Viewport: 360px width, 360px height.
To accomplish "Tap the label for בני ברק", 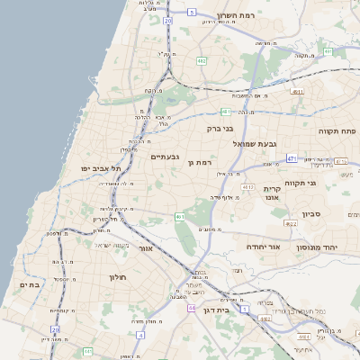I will coord(220,129).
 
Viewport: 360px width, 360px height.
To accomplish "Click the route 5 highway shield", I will coord(192,13).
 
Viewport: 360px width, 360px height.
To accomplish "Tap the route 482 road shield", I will coord(202,61).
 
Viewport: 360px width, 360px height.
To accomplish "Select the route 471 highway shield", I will coord(291,158).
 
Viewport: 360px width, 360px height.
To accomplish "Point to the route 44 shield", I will coord(191,308).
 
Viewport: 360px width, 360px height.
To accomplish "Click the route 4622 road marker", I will coord(290,223).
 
